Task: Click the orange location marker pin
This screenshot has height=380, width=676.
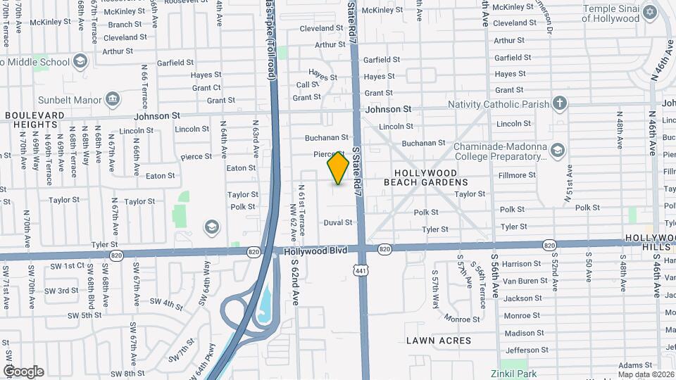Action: [x=338, y=167]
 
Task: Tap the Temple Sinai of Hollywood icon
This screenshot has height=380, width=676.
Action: [x=649, y=12]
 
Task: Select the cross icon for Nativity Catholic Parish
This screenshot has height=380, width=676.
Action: [x=560, y=104]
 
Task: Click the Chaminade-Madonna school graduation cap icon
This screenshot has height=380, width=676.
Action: [x=558, y=150]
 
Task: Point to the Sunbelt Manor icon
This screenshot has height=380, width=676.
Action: [x=113, y=100]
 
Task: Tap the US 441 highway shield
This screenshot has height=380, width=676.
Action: [x=361, y=270]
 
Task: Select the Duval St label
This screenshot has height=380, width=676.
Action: [x=337, y=222]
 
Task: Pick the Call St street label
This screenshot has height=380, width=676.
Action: [x=307, y=84]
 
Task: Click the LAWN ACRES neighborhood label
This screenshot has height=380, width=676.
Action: [x=439, y=341]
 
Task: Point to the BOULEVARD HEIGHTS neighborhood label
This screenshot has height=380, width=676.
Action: [x=35, y=120]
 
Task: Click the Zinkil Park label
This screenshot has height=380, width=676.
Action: [x=514, y=374]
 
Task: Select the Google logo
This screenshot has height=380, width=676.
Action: [x=23, y=372]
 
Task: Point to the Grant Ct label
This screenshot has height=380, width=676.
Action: [x=206, y=88]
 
